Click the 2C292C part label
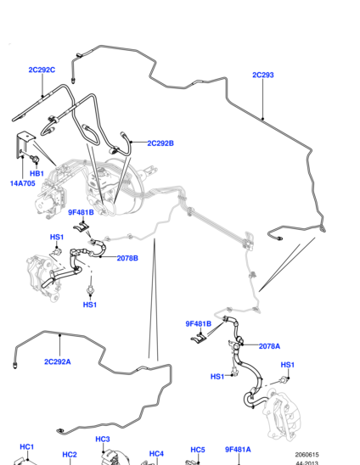point(42,70)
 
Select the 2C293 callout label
point(263,75)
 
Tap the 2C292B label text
point(160,143)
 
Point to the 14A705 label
point(23,183)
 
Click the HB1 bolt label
point(37,173)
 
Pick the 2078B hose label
point(127,258)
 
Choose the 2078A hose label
point(269,346)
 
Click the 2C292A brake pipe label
point(58,361)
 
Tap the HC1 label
point(27,447)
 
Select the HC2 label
point(70,455)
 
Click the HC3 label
point(103,440)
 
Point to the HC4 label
point(156,454)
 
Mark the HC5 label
point(198,450)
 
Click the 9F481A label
point(238,450)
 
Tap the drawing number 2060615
point(307,455)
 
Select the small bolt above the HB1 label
point(35,160)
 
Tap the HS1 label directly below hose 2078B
point(90,305)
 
